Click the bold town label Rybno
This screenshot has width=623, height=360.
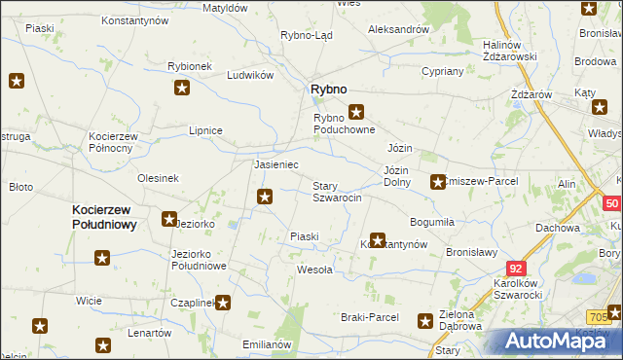[x=328, y=89]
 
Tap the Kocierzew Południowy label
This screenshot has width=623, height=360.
[x=103, y=216]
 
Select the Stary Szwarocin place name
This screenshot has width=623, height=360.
[x=337, y=192]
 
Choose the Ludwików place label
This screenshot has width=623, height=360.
[x=248, y=75]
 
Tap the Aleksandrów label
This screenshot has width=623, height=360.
[x=398, y=29]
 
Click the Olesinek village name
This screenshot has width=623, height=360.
[x=159, y=178]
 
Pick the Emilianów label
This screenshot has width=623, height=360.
[x=267, y=344]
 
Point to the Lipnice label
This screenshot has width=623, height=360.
[x=206, y=130]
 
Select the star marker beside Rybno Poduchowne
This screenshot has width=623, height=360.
[x=356, y=111]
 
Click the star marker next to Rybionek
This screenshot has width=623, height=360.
[x=182, y=89]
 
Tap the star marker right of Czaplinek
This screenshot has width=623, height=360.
[x=223, y=303]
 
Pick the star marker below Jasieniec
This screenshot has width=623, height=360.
[x=264, y=198]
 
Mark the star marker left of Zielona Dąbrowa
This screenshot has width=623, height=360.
[x=425, y=320]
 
